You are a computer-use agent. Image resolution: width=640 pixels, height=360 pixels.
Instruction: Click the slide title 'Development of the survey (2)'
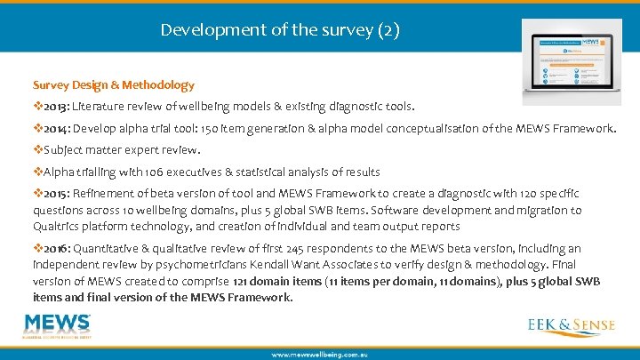(x=280, y=30)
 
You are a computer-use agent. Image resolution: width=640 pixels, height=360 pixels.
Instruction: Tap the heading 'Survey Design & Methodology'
(x=114, y=85)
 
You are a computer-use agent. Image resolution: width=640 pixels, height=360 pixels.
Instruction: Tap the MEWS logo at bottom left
(x=59, y=326)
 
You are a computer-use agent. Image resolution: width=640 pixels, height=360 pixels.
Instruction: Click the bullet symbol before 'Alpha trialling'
(x=38, y=172)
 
